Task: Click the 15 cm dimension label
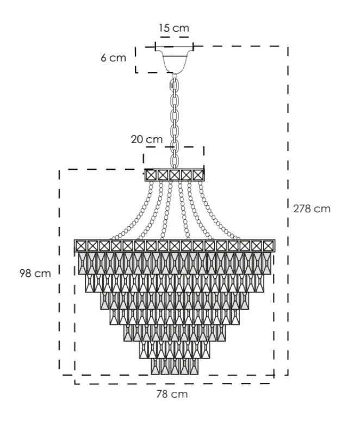tap(174, 27)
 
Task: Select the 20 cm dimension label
tap(146, 139)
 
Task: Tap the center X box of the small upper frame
tap(175, 175)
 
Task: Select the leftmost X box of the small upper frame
tap(151, 175)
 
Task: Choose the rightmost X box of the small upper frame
tap(198, 175)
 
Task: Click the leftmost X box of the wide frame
tap(80, 245)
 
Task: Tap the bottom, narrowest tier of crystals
tap(175, 366)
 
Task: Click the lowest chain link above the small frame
tap(175, 162)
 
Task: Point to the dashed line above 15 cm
tap(174, 37)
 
